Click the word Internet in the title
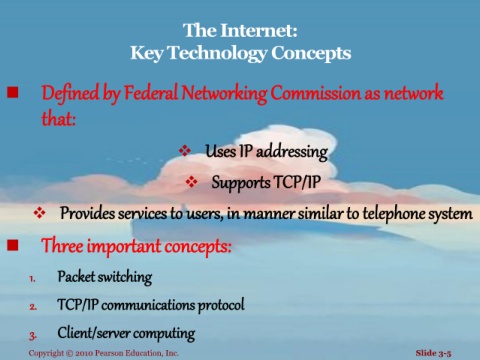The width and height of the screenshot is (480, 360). [x=259, y=30]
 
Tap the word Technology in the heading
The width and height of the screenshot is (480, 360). [x=217, y=54]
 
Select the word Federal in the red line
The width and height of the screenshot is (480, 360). [x=151, y=93]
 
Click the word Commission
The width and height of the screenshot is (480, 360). [x=315, y=93]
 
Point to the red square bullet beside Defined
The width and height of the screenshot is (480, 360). [x=13, y=92]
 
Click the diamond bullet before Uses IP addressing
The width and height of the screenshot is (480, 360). [x=185, y=150]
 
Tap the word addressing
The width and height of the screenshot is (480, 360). [x=292, y=152]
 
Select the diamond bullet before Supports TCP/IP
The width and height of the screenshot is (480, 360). [x=191, y=182]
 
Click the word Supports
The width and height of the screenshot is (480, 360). [x=241, y=183]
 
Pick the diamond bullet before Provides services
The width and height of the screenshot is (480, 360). [x=39, y=213]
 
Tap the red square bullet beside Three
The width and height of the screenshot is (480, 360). [x=13, y=245]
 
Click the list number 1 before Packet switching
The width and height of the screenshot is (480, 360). [x=32, y=279]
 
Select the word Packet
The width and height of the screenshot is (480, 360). [x=76, y=276]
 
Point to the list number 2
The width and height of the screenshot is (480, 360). [x=33, y=307]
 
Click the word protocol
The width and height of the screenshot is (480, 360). [x=221, y=305]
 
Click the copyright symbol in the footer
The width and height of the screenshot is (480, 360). [x=69, y=353]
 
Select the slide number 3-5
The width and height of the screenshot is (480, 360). [x=445, y=353]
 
